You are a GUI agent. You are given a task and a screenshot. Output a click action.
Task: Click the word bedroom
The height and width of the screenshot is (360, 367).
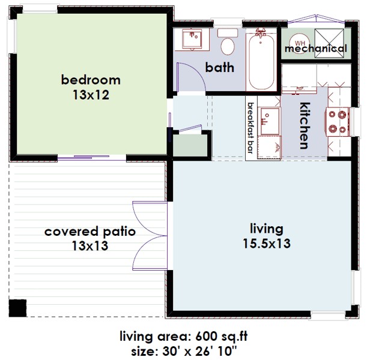pyautogui.click(x=91, y=80)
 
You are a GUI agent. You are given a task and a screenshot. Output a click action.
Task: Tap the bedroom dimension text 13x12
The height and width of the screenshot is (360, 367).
pyautogui.click(x=91, y=95)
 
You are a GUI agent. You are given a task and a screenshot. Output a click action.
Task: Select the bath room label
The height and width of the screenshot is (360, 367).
pyautogui.click(x=220, y=67)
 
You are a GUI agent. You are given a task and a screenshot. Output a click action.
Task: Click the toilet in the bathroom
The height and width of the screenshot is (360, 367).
pyautogui.click(x=228, y=43)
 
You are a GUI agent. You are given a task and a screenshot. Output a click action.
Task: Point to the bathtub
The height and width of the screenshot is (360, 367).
pyautogui.click(x=261, y=61)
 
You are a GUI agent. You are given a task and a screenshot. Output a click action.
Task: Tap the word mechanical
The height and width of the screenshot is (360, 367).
pyautogui.click(x=315, y=49)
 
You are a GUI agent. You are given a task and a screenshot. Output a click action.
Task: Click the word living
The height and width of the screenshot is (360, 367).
pyautogui.click(x=266, y=229)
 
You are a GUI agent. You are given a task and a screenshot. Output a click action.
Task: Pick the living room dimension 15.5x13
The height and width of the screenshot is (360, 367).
pyautogui.click(x=266, y=244)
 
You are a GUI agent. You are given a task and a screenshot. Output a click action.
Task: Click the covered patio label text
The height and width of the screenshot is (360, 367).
pyautogui.click(x=90, y=232)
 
